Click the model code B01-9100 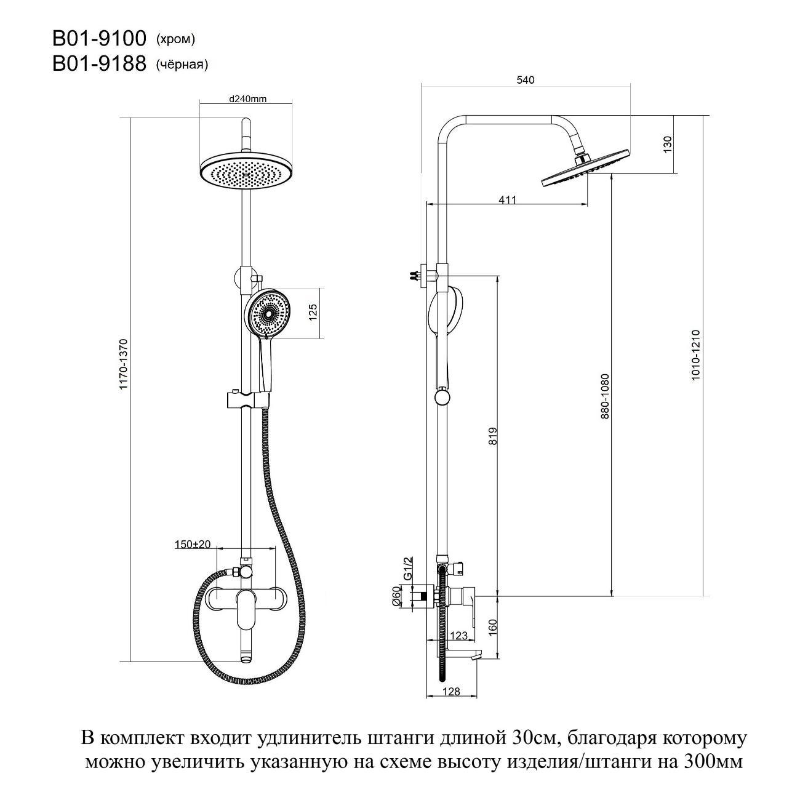click(x=99, y=39)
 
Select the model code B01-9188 click(x=99, y=64)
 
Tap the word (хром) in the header click(x=175, y=40)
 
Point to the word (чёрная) click(x=182, y=65)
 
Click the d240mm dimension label click(x=247, y=99)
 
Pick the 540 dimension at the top click(x=526, y=80)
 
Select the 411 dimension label click(x=507, y=199)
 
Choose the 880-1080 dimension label click(x=606, y=396)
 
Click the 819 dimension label click(x=492, y=435)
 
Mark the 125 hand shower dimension click(x=313, y=312)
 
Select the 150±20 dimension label click(x=193, y=544)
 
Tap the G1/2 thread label click(x=406, y=568)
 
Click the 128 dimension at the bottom click(x=451, y=692)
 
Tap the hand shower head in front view click(x=267, y=313)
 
